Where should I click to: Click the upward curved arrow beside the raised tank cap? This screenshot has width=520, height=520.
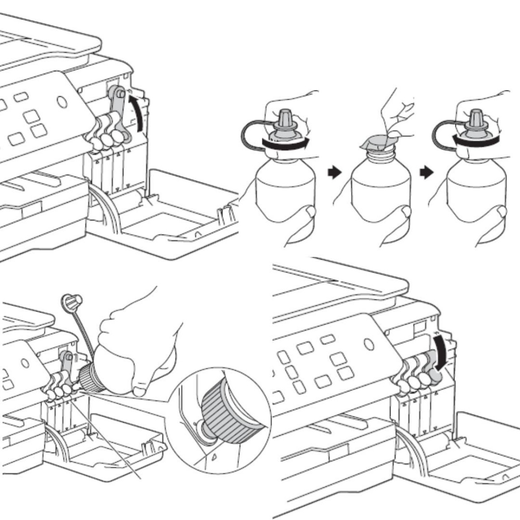pos(139,112)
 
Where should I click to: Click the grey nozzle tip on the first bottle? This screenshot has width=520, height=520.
pos(284,118)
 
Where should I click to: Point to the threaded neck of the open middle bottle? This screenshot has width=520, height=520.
pos(379,156)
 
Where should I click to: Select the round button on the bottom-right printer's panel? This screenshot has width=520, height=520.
pos(369,344)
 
